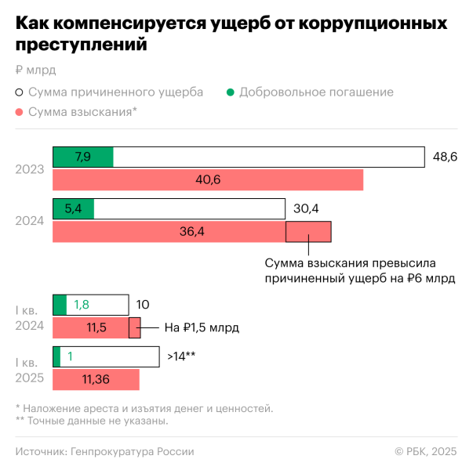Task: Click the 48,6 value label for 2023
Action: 445,157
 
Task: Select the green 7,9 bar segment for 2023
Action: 83,157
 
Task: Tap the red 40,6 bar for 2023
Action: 208,179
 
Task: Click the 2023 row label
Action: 30,168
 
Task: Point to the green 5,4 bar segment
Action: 73,209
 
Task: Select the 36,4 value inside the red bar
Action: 169,232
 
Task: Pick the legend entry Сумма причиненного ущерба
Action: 115,92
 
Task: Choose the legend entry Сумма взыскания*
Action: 82,112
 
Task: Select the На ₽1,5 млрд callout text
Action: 201,327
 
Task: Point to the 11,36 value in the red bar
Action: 95,379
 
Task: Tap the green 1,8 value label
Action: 82,305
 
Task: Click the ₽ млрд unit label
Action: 35,69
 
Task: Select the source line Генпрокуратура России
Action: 104,451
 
